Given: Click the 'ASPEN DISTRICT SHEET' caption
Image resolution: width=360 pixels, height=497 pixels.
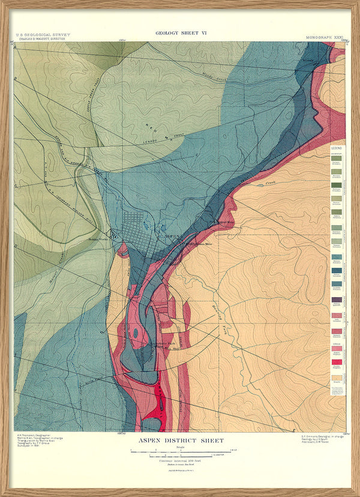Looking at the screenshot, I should tap(181, 441).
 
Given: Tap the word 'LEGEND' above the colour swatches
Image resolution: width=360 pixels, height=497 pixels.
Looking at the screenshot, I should tap(337, 147).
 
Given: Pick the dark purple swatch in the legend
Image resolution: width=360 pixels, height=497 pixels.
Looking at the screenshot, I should tap(337, 300).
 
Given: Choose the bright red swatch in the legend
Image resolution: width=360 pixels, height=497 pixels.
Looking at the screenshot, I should tap(337, 362).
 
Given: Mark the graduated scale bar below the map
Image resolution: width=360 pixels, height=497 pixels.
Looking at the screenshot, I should tap(181, 451).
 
